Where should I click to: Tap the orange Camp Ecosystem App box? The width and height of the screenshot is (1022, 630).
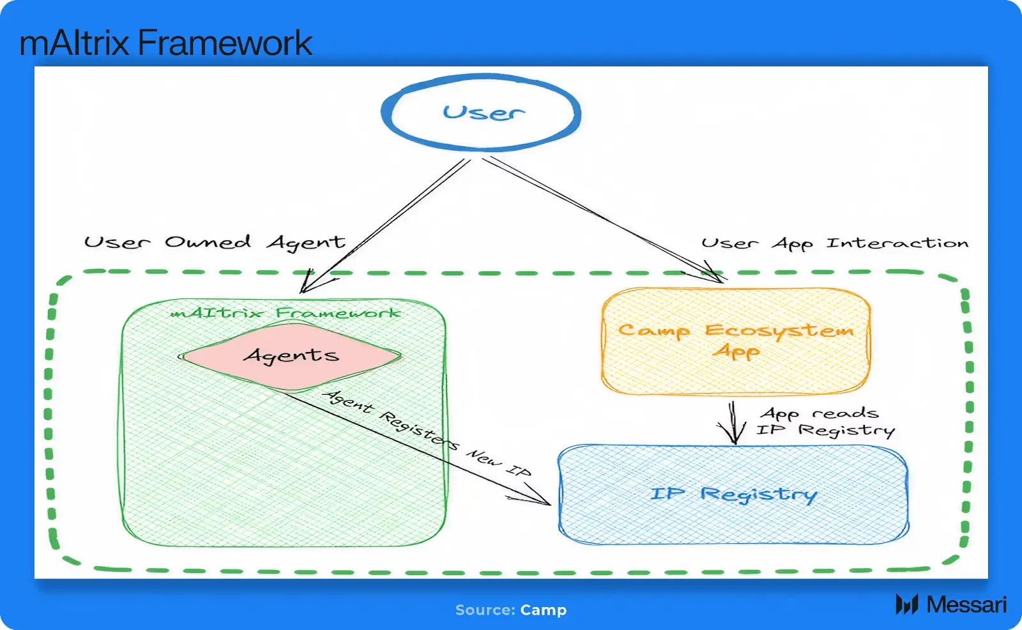coord(735,371)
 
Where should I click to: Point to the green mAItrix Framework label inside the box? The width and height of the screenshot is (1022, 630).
coord(286,312)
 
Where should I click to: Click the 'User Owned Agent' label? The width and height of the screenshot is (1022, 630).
coord(215,243)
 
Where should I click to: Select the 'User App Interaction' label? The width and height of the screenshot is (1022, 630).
coord(834,243)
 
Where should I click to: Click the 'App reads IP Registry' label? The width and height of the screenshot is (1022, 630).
coord(825,422)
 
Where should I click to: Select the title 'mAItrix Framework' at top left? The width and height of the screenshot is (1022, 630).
coord(165,43)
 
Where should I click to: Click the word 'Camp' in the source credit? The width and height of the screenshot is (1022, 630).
coord(543,610)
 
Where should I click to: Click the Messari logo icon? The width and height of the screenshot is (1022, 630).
coord(906,604)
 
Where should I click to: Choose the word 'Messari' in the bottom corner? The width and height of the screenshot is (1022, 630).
coord(966,604)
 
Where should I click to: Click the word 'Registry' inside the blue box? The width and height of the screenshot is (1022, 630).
coord(759,495)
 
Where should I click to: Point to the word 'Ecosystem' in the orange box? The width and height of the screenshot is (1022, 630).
coord(779,331)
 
